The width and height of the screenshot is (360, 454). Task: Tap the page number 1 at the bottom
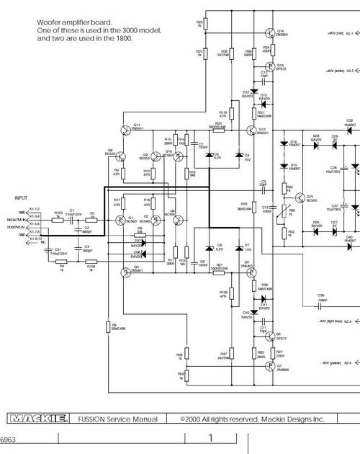pos(211,437)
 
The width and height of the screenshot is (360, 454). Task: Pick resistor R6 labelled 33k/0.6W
pos(107,328)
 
